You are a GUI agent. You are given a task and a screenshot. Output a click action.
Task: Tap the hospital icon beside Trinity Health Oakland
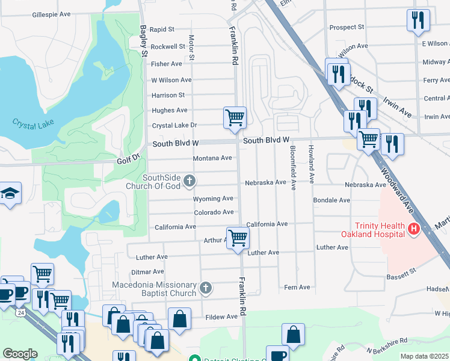pos(413,229)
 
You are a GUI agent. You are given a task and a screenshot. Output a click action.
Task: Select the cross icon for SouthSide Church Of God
pos(190,180)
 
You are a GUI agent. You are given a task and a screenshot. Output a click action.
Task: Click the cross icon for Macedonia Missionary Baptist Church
pos(206,288)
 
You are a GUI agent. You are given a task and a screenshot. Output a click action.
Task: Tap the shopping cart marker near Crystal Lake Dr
pos(235,117)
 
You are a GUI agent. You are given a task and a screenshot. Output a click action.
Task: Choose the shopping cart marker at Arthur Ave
pos(238,238)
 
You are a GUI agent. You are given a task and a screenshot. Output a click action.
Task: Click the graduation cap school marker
pos(10,194)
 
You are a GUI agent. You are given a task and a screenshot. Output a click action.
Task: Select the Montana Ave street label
pos(212,158)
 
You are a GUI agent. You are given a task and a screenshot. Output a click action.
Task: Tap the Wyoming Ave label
pos(213,199)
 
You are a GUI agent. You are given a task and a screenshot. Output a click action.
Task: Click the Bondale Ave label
pos(331,200)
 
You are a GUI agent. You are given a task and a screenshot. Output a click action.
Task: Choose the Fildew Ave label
pos(222,316)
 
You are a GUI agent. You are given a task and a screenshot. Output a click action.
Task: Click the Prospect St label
pos(347,27)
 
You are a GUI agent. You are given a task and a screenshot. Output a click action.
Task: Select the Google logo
pos(20,354)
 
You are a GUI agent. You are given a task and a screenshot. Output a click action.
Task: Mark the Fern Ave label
pos(297,287)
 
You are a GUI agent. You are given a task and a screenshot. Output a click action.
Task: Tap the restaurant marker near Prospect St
pos(418,20)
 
